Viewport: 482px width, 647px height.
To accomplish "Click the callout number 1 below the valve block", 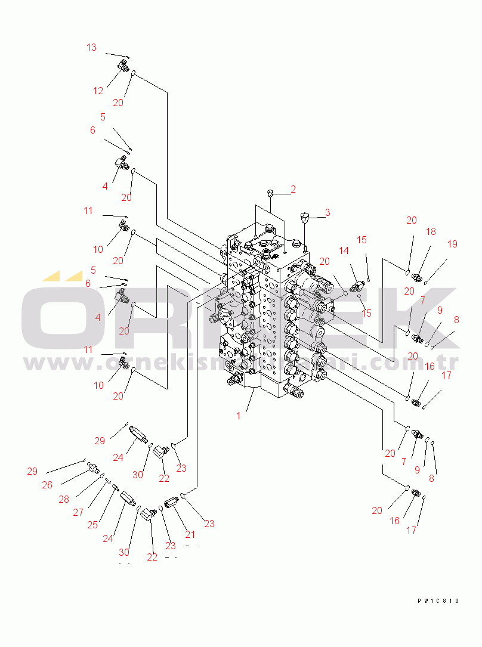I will [239, 416].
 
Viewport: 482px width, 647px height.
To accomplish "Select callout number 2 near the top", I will [293, 190].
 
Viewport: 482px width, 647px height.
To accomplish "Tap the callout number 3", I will [327, 212].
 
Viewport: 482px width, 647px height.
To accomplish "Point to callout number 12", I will [98, 91].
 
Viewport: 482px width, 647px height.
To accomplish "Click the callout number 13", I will [91, 47].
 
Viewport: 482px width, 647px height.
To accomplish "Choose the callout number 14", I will [344, 251].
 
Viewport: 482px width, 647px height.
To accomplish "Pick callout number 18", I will [431, 231].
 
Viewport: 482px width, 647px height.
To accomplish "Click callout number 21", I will [190, 534].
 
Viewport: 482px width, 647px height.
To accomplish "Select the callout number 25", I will [92, 525].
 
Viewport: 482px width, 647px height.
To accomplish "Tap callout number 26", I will [47, 485].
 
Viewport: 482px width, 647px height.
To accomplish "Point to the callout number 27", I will [78, 512].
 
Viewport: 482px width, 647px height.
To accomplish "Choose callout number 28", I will [64, 499].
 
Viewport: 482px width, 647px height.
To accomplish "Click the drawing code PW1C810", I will [438, 601].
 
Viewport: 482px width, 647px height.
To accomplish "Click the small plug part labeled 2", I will [270, 193].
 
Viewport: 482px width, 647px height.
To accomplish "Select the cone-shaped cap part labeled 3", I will [305, 216].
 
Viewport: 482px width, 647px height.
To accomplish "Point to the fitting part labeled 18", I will [417, 277].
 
